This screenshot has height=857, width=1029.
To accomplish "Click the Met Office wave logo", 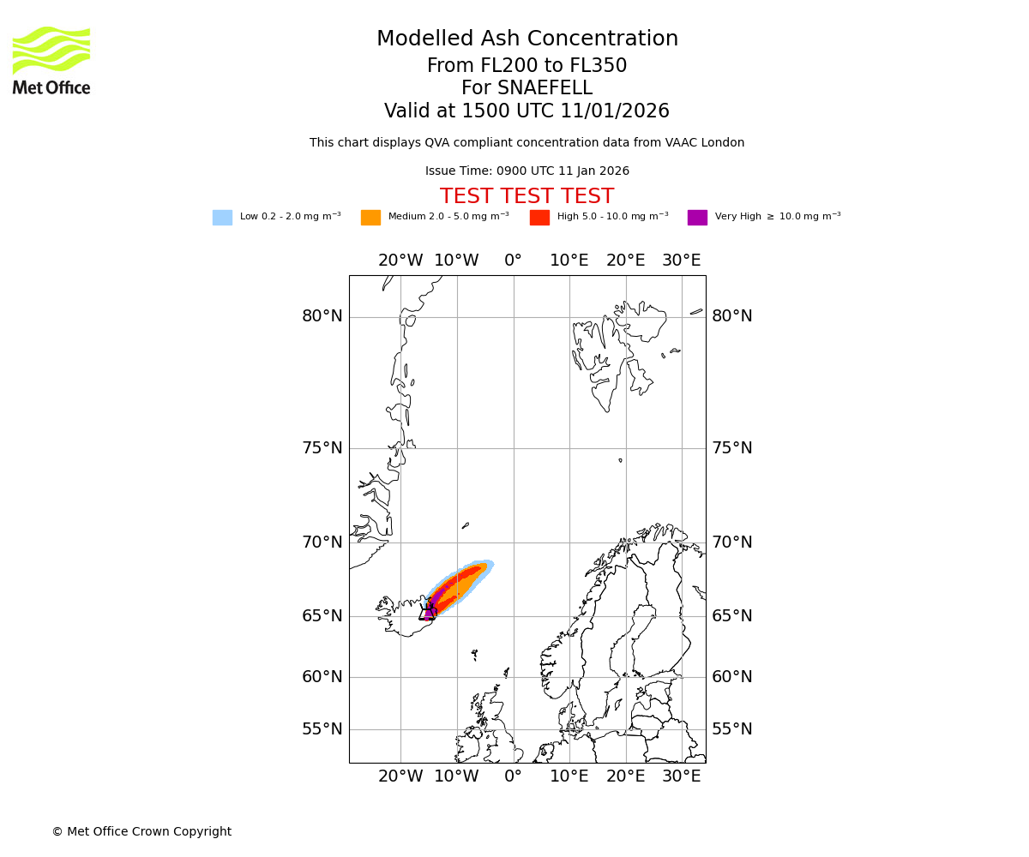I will [51, 50].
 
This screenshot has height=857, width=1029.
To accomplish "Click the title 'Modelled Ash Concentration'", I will [527, 39].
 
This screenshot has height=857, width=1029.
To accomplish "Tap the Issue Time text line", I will [527, 171].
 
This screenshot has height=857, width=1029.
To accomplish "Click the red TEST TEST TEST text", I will [527, 197].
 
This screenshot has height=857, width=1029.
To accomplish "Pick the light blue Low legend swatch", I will [222, 218].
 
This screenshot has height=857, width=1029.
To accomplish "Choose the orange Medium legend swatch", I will [370, 218].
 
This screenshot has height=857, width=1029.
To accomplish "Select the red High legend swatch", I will [539, 218].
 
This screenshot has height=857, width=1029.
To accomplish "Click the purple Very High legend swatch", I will [697, 218].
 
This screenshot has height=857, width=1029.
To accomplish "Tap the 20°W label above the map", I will [400, 261].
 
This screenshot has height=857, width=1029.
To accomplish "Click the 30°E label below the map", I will [681, 776].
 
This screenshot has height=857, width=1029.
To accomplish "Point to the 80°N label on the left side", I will [322, 316].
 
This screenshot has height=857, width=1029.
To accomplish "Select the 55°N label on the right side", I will [731, 729].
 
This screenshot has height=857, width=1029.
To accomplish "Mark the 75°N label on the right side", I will [731, 448].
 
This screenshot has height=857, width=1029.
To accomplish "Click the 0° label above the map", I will [513, 261].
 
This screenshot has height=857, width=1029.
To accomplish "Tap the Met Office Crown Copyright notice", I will [141, 831].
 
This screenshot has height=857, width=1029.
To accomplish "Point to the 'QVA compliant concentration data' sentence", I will [527, 143].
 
